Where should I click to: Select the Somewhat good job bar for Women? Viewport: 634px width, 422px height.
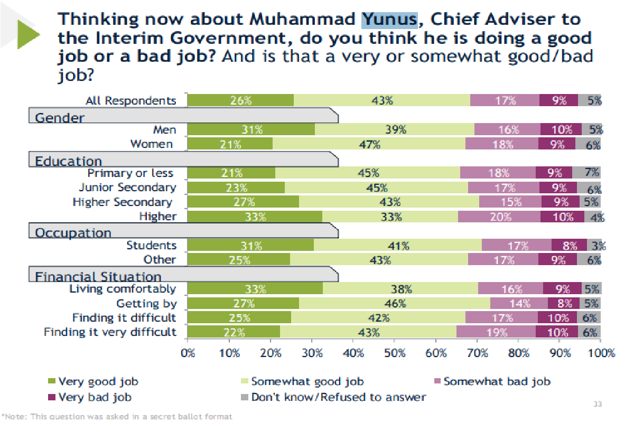coord(369,144)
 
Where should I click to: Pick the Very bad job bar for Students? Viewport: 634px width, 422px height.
coord(569,245)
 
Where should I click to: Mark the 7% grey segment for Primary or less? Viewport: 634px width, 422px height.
coord(586,173)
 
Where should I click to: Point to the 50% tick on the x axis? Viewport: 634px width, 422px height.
coord(395,353)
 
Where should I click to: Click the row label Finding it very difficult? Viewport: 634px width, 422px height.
coord(110,332)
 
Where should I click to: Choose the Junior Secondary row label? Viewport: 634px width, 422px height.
coord(127,187)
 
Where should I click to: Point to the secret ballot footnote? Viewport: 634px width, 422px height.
coord(117,417)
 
